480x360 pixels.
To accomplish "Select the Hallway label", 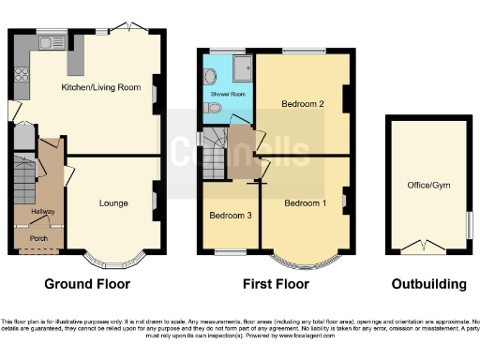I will (x=42, y=213).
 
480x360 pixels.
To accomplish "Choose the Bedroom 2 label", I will (x=302, y=104).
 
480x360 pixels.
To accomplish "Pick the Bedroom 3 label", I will (x=228, y=215).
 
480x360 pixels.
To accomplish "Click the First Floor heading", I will (x=274, y=284).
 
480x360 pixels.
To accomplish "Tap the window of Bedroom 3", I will (x=226, y=252).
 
